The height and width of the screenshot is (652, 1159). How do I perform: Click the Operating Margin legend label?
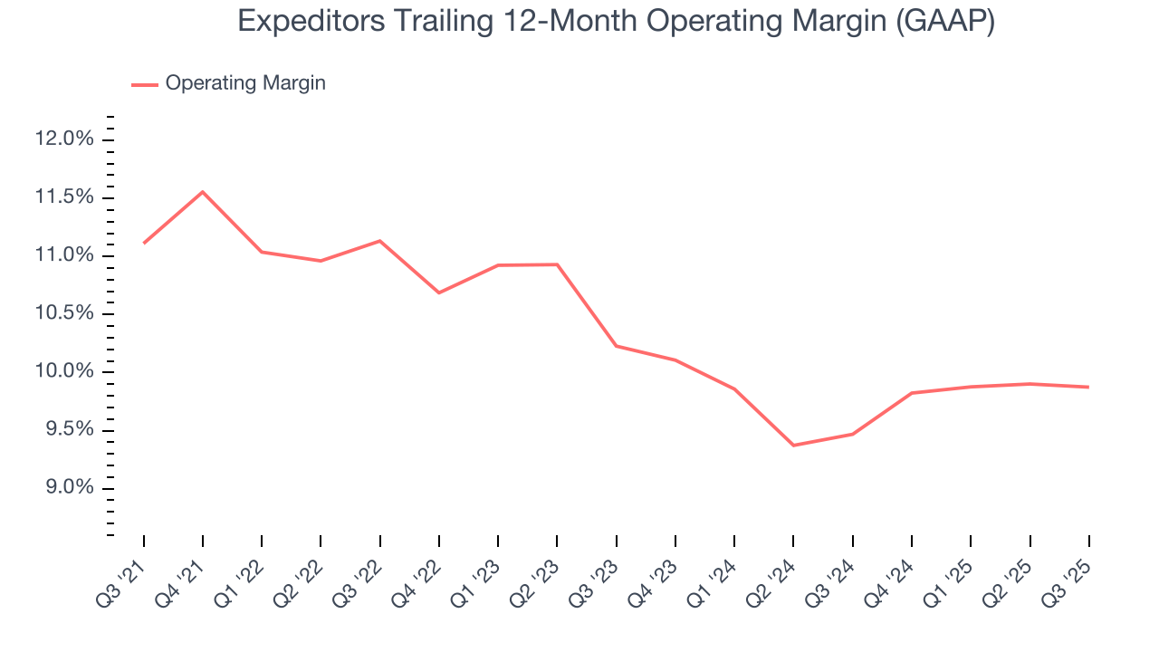click(x=245, y=83)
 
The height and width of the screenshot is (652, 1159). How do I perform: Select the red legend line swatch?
click(x=145, y=84)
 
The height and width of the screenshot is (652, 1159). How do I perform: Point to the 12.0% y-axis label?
click(x=64, y=139)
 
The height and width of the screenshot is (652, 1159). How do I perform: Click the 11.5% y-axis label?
click(x=64, y=197)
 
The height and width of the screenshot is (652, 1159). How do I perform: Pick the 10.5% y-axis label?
click(x=64, y=313)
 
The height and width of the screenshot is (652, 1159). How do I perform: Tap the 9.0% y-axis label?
click(x=67, y=488)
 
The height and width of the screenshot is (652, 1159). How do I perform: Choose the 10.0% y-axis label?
click(x=64, y=372)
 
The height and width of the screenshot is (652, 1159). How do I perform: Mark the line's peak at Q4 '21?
click(x=203, y=192)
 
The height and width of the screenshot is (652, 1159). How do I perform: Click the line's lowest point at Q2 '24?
click(x=793, y=446)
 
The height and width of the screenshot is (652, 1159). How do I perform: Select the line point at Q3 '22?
click(x=379, y=241)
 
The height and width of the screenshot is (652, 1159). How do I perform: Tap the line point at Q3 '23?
click(x=616, y=346)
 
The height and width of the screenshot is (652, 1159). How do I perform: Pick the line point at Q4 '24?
click(x=911, y=393)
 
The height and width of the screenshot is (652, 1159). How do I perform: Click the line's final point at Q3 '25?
click(x=1087, y=387)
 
